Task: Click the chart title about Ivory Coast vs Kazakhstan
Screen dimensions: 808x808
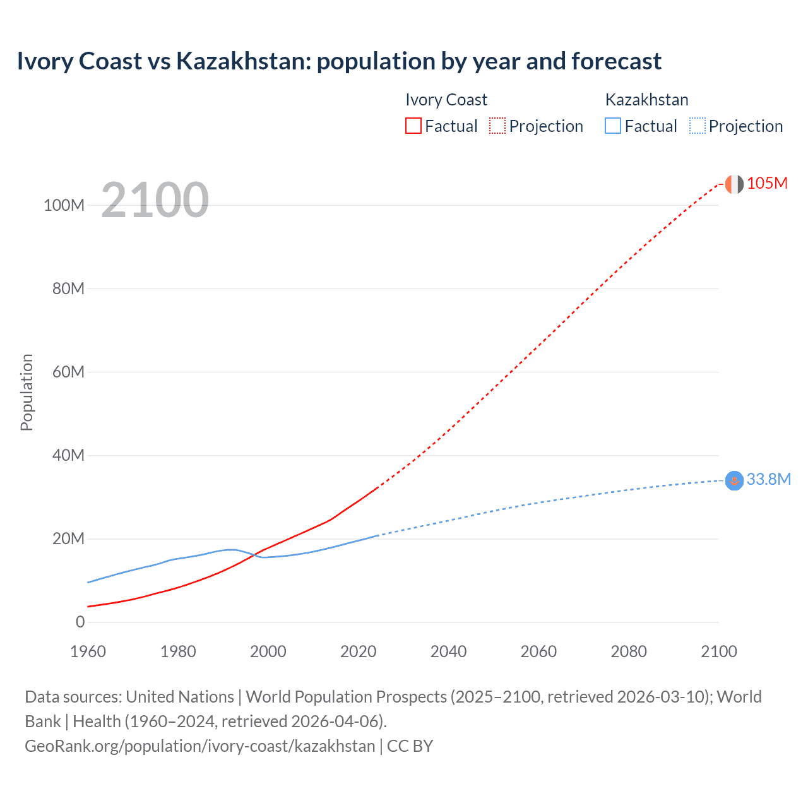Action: pos(339,61)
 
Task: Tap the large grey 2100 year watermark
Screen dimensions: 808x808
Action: pos(155,199)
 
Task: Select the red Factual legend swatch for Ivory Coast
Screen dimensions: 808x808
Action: pos(413,126)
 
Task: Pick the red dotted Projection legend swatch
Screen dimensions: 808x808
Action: pos(497,126)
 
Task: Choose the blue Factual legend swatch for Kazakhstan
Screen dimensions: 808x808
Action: pos(613,126)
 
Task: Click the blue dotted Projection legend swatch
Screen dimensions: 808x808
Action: pos(697,126)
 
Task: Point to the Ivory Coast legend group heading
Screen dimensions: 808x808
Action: pos(446,100)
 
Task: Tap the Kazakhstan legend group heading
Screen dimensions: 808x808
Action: pos(646,100)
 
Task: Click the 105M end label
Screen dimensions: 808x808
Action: pos(767,183)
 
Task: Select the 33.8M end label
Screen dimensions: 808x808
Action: pos(768,479)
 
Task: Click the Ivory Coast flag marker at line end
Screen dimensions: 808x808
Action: pos(734,184)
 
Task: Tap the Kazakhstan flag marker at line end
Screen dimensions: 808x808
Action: pos(734,481)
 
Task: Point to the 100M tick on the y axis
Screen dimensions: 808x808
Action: pos(64,205)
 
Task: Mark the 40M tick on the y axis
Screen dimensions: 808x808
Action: pos(68,455)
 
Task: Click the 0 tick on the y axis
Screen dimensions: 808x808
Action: pos(80,622)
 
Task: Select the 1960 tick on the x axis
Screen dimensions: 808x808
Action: pos(88,651)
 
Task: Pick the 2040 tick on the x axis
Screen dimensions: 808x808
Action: pos(448,651)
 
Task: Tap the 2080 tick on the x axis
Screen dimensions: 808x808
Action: pos(629,651)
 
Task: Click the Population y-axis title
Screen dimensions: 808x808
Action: pos(27,392)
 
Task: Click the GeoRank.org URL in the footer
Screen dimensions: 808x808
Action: pos(199,746)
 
